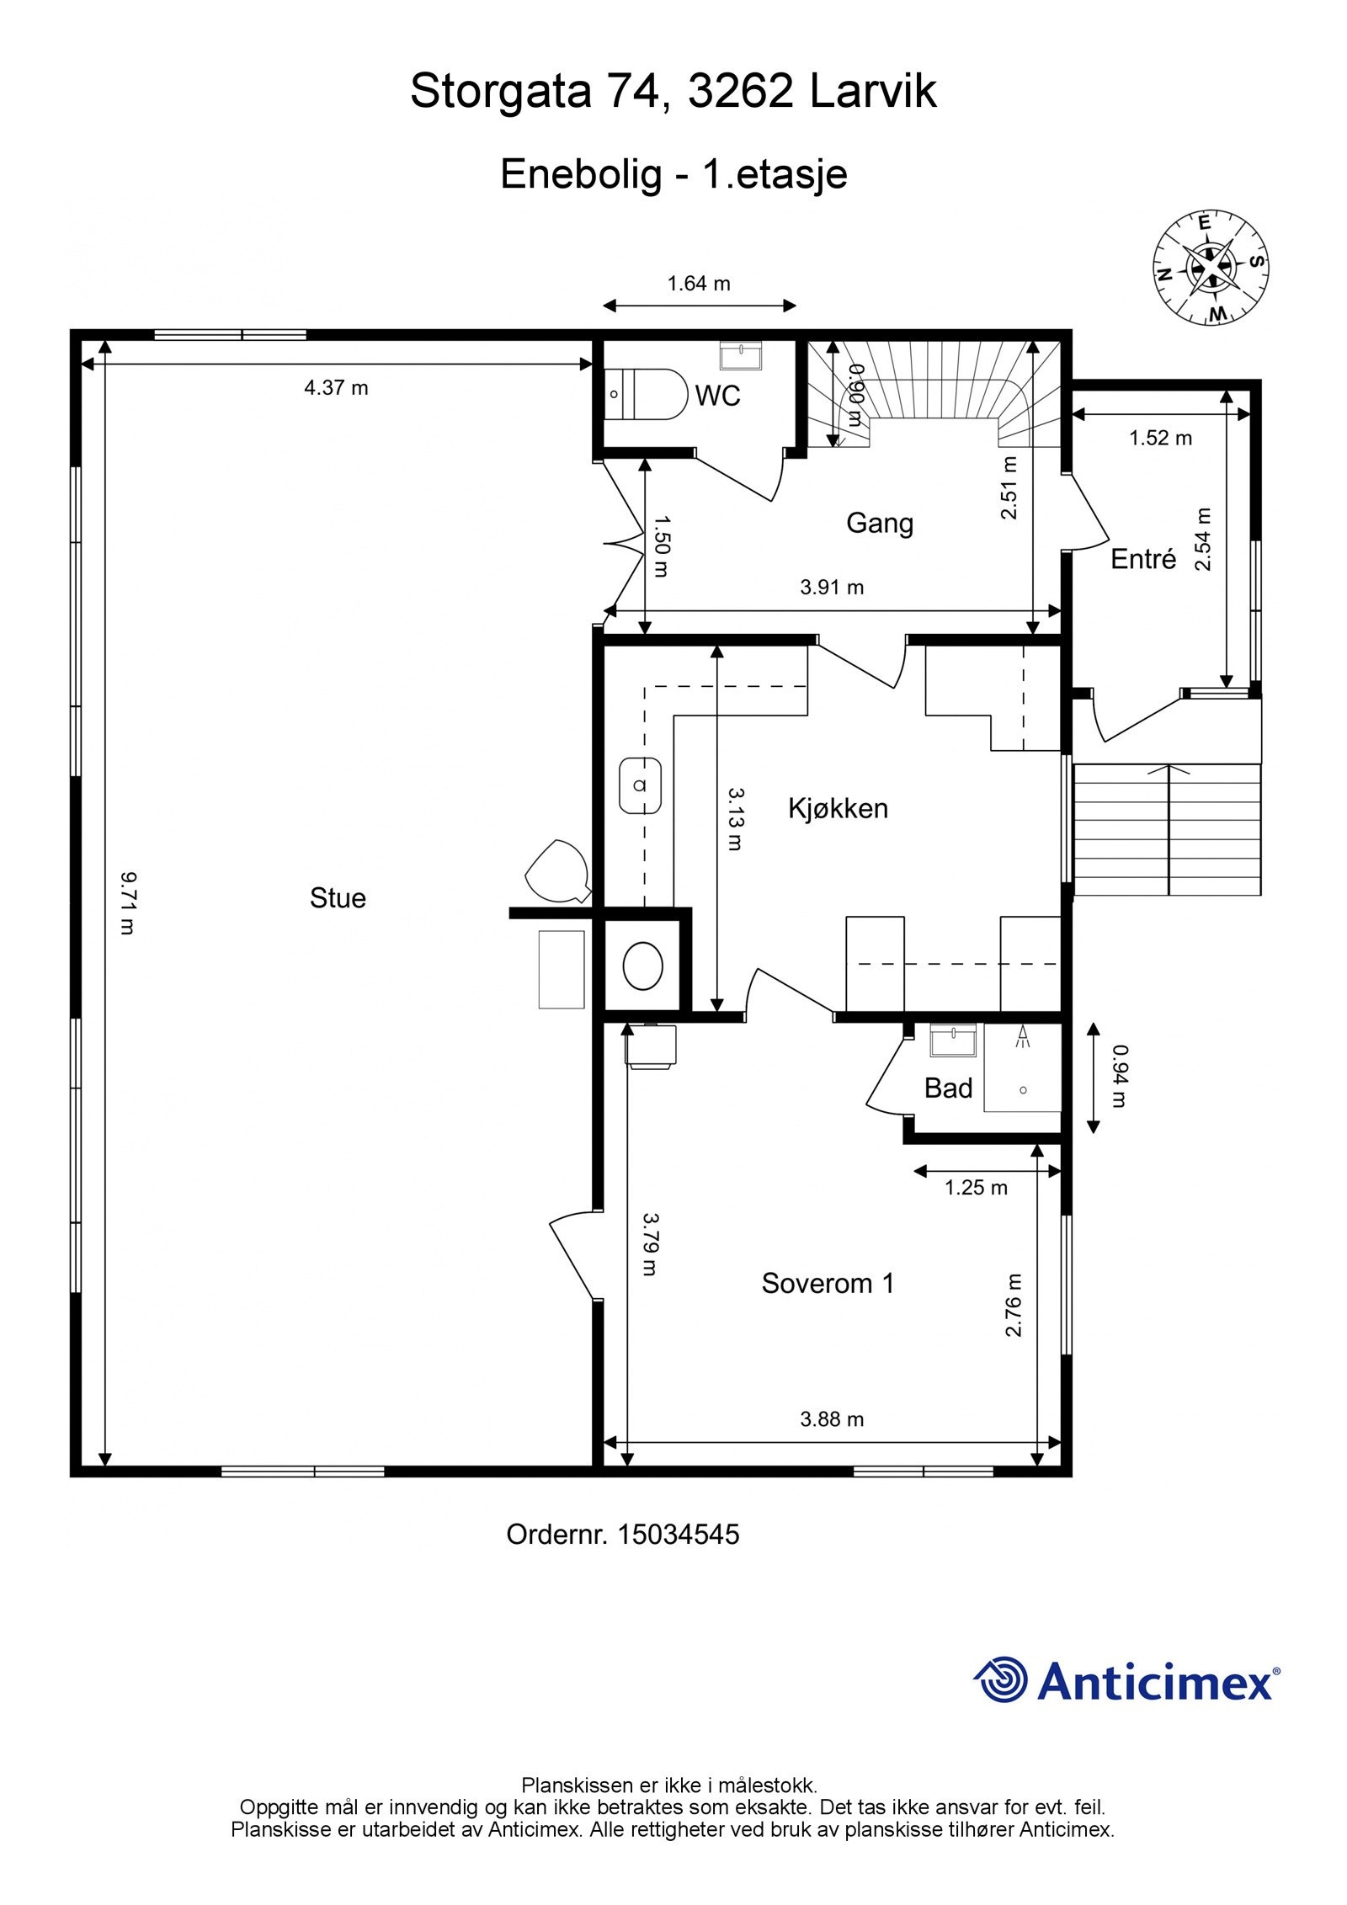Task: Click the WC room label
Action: click(717, 395)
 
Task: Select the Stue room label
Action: click(338, 897)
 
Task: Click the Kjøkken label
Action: click(838, 808)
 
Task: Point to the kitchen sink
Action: click(640, 785)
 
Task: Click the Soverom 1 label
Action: click(827, 1283)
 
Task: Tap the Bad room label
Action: click(948, 1088)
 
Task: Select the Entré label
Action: click(1142, 559)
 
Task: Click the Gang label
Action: click(879, 523)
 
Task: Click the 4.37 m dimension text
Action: click(336, 387)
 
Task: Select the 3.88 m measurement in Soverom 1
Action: click(832, 1418)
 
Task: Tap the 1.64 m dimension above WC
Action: click(699, 284)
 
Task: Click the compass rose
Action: click(1211, 267)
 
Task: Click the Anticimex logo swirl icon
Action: click(1001, 1679)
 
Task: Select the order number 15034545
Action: click(679, 1535)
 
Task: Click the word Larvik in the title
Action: click(873, 91)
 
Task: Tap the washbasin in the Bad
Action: click(953, 1040)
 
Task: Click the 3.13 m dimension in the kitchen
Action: click(735, 818)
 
